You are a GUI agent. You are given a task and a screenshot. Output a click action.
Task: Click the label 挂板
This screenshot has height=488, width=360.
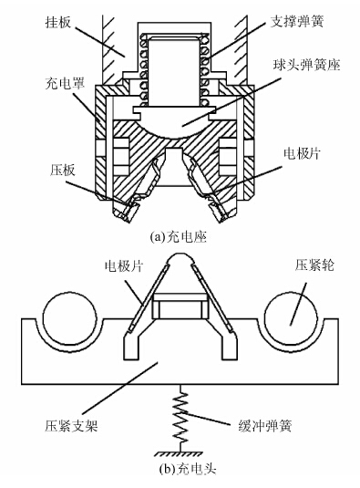point(58,23)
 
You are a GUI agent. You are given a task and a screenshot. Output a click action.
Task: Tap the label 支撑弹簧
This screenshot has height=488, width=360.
point(297,22)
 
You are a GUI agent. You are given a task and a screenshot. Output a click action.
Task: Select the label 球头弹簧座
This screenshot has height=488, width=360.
point(306,65)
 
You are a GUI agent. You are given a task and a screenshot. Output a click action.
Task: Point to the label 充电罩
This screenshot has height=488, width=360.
point(65,83)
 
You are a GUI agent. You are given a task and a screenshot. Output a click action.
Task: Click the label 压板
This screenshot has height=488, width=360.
point(63,170)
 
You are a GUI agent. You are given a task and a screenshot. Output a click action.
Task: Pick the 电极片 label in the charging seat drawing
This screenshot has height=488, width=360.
point(302,153)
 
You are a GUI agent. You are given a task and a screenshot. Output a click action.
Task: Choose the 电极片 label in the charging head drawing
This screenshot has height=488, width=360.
point(124,265)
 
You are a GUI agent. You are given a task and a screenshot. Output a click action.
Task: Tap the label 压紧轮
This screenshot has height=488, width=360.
point(314,265)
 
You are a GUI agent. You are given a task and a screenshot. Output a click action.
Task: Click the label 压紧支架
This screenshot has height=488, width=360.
point(71,425)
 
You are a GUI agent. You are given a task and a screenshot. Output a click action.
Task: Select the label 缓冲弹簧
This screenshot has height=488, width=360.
point(265,425)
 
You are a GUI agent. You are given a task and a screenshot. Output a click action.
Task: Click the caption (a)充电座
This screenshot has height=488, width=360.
point(178,237)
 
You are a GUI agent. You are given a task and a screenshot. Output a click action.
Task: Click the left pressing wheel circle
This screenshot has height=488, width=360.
point(69,317)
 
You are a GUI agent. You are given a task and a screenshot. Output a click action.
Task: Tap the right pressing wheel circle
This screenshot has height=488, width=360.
point(291,317)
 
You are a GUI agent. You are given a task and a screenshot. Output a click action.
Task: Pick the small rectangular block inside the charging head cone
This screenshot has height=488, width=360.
point(180,306)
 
